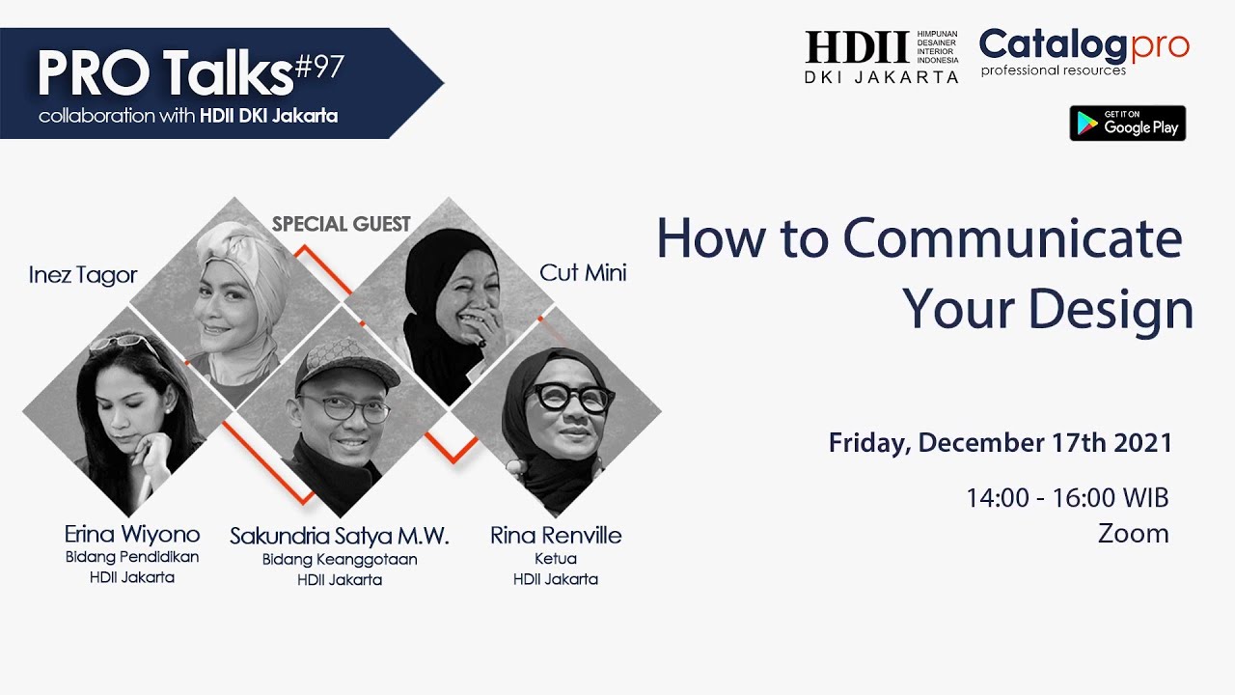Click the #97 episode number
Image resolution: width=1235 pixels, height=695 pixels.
(318, 68)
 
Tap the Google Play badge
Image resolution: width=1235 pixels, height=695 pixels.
(1127, 124)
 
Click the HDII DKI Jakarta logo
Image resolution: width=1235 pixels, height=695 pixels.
(881, 57)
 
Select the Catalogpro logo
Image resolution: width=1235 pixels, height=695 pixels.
(1084, 51)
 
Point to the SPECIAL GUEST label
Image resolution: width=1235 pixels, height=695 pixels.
(342, 224)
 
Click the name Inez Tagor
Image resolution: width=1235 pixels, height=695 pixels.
(83, 275)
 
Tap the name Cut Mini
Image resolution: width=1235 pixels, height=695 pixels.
(583, 273)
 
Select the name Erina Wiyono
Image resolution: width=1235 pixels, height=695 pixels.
(132, 534)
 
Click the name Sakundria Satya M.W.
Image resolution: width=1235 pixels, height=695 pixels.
(340, 536)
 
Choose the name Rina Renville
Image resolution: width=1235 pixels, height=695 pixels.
(556, 535)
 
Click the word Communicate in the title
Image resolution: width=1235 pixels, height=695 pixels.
(1012, 239)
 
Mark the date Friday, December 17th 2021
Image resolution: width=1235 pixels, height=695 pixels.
(1001, 443)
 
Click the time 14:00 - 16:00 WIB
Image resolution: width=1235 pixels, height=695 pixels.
(1067, 498)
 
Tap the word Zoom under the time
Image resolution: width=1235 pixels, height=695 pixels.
(1133, 534)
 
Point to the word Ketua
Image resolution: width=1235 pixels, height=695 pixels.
(556, 559)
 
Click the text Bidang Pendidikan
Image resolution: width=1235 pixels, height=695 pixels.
(132, 557)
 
